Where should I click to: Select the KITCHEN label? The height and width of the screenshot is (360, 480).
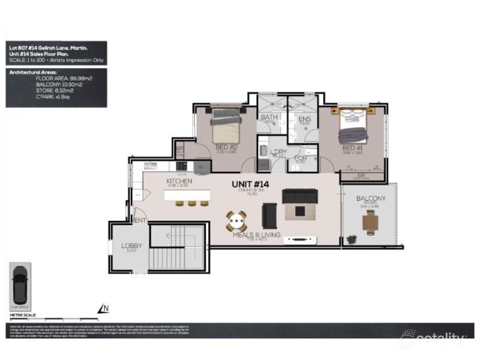(179, 181)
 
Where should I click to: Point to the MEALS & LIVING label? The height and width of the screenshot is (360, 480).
(257, 235)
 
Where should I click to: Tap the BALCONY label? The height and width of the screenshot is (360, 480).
(371, 199)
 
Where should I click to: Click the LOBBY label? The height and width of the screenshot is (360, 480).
(131, 246)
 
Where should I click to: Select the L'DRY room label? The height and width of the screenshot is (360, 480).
(278, 152)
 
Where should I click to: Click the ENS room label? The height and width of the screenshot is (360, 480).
(304, 119)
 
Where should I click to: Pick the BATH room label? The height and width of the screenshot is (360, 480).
(268, 117)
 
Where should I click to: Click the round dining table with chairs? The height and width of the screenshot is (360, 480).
(236, 221)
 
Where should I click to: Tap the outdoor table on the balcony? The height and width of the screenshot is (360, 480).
(370, 223)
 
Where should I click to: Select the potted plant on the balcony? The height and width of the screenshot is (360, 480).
(352, 239)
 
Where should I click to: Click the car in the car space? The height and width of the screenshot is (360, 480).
(20, 285)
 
